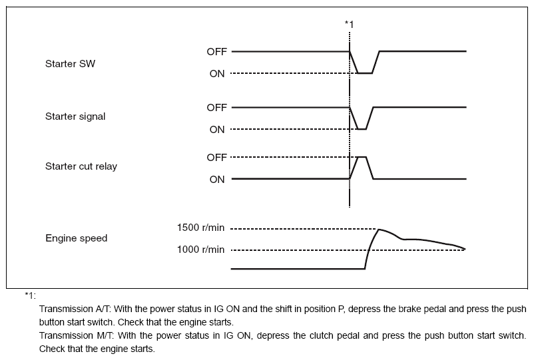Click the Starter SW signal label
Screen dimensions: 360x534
[x=70, y=65]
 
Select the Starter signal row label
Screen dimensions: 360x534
[x=75, y=116]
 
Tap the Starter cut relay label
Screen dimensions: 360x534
[x=81, y=166]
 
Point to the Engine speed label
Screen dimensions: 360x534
[x=76, y=238]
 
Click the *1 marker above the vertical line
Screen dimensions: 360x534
[x=349, y=25]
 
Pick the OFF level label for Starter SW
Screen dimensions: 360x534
[x=216, y=51]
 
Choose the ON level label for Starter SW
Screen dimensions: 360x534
[x=217, y=73]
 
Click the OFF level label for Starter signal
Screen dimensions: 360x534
[x=216, y=107]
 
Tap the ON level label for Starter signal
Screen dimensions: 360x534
[x=217, y=129]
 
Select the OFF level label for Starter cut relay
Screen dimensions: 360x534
[x=216, y=157]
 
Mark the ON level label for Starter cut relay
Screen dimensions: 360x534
[x=217, y=179]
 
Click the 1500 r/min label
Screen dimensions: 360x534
[x=202, y=228]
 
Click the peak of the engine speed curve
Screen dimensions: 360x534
[x=379, y=230]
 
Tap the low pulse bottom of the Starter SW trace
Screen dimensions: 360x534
[x=364, y=73]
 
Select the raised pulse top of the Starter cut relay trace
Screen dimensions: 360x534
[x=362, y=157]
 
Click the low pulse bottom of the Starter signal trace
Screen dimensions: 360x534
[x=362, y=129]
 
